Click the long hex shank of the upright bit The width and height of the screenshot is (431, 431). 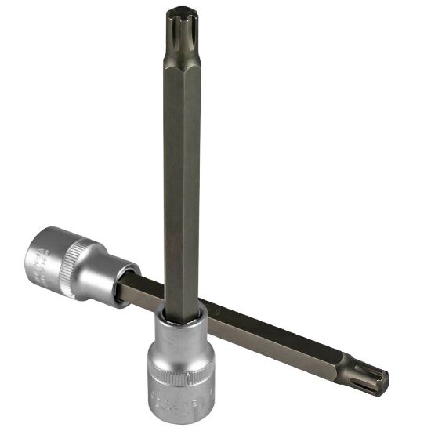point(183,172)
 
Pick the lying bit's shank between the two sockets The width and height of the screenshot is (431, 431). point(145,290)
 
